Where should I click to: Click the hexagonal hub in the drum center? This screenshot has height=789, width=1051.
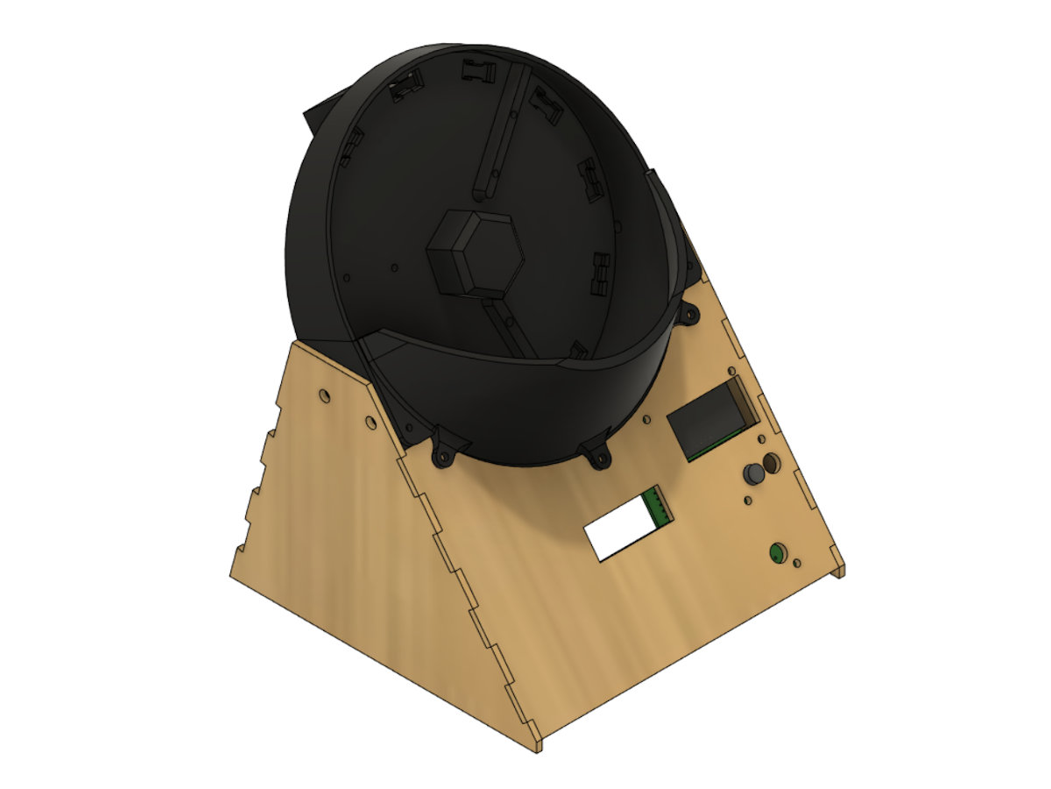473,254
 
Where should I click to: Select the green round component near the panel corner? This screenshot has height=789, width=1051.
776,553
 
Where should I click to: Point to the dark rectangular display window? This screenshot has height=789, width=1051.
709,421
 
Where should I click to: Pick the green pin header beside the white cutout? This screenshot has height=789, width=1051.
658,508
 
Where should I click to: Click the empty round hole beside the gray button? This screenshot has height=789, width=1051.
771,463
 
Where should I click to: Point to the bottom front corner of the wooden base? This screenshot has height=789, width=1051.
535,748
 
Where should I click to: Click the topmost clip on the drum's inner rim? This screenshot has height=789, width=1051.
477,68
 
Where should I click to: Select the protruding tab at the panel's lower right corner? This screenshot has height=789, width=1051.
841,571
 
